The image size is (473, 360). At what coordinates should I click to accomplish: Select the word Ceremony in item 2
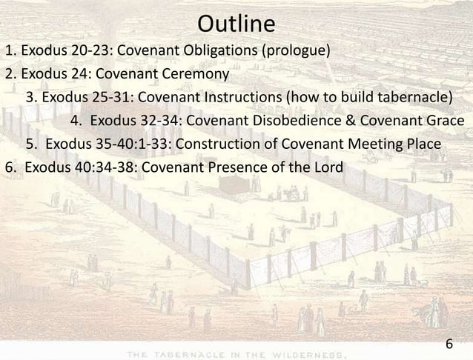[201, 75]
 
